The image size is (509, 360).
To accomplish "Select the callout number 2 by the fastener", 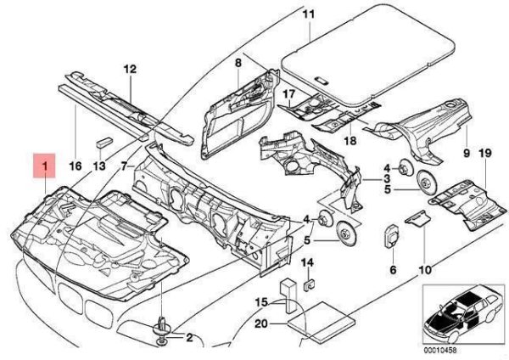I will click(189, 338).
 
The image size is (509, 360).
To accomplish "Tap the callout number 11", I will click(307, 14).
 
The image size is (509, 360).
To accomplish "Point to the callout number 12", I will click(129, 68).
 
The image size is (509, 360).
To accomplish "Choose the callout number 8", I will click(238, 64).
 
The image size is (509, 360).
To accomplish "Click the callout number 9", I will click(465, 153).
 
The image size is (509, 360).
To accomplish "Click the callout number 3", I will click(386, 181).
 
